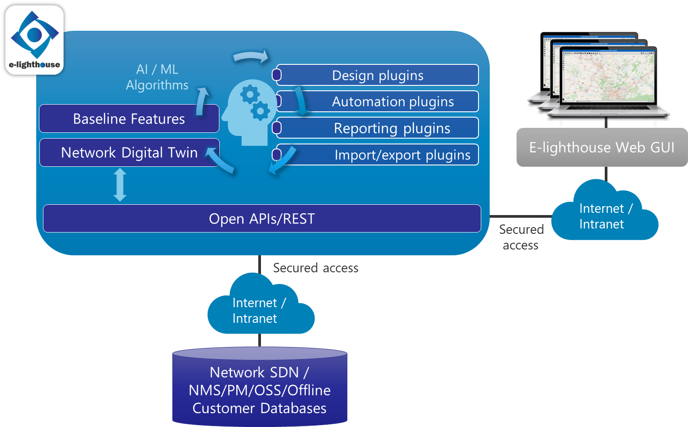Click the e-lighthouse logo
pos(34,40)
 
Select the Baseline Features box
pos(129,119)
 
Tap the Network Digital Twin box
pos(129,153)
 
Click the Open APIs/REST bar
pos(262,219)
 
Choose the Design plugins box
pos(377,75)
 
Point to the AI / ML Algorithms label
pos(157,77)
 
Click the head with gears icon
pos(249,112)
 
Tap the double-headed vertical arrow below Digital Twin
pos(120,185)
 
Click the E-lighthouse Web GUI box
pos(602,148)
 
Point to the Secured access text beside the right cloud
pos(521,237)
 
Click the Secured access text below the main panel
pos(316,268)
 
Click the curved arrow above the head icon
pos(251,56)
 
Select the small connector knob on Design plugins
pos(277,75)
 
